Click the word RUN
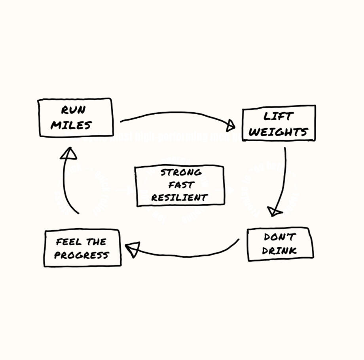click(73, 110)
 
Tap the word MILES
click(71, 125)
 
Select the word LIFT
click(279, 117)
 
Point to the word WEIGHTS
click(278, 132)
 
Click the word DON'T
click(280, 237)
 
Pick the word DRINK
click(279, 250)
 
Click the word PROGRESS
click(82, 255)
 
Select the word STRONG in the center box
click(181, 172)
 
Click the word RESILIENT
click(180, 197)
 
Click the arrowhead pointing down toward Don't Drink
click(274, 212)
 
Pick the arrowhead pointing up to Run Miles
click(69, 153)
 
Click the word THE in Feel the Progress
click(97, 241)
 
